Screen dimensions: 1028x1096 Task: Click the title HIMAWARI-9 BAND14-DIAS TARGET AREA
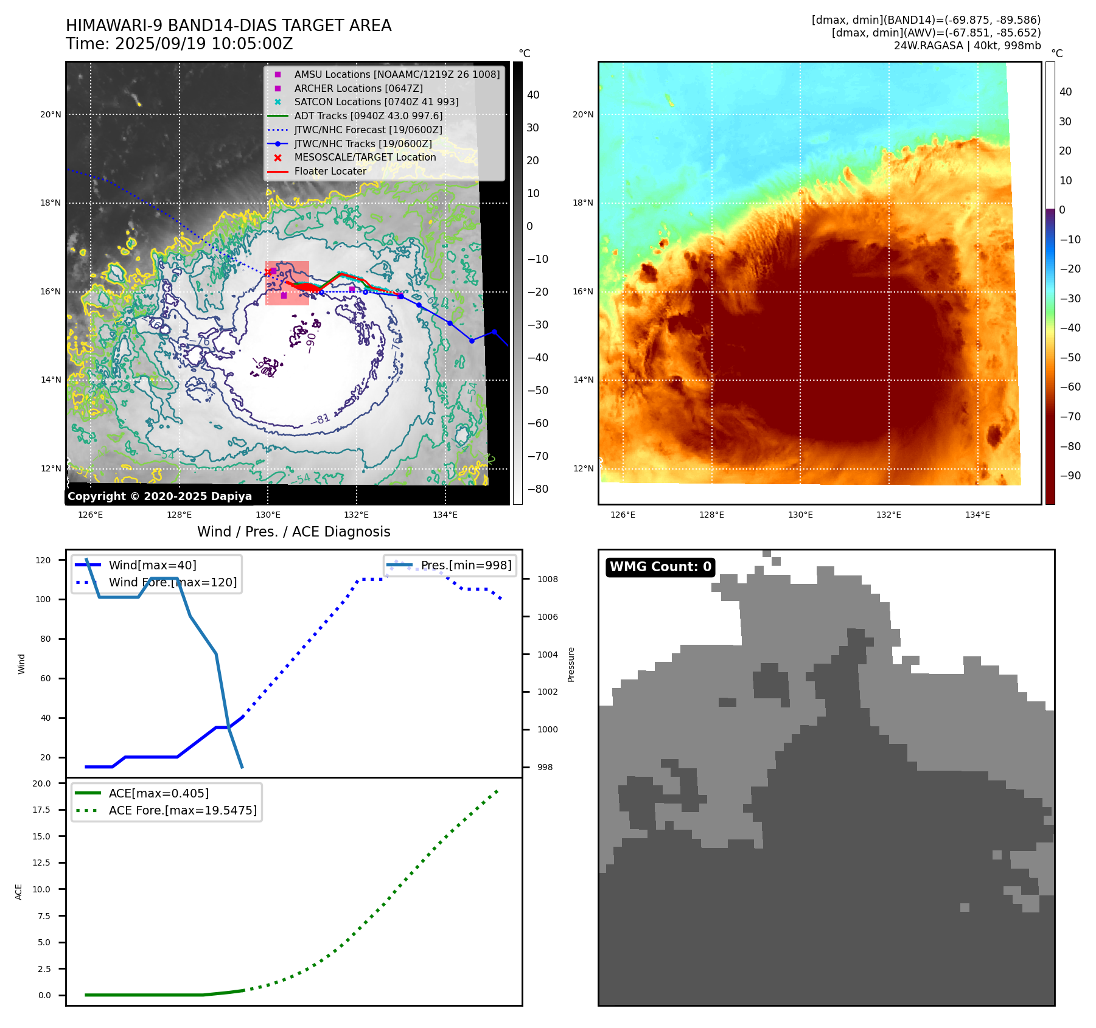click(228, 26)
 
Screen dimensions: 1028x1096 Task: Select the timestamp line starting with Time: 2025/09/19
click(179, 44)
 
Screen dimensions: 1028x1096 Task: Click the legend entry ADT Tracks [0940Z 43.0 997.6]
click(368, 116)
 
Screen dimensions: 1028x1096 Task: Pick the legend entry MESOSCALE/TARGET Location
click(365, 157)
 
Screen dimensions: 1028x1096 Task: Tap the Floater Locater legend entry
click(330, 171)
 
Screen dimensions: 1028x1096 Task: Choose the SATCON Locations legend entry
click(375, 102)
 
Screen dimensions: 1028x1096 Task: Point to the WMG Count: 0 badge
click(660, 566)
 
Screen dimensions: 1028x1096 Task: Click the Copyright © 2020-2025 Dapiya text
click(159, 496)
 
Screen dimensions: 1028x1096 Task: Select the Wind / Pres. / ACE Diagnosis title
click(293, 532)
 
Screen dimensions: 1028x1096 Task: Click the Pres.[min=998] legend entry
click(466, 565)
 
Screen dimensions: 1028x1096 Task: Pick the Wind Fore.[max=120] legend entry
click(172, 582)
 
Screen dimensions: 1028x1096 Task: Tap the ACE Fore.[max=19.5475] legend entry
click(182, 810)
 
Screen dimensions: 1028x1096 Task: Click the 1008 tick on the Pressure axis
click(547, 579)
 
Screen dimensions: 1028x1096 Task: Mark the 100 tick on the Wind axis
click(43, 599)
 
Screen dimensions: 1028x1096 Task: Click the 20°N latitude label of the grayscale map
click(51, 114)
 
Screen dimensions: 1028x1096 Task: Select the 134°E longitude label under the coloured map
click(977, 515)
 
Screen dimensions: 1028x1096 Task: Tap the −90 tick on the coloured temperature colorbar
click(1070, 476)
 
